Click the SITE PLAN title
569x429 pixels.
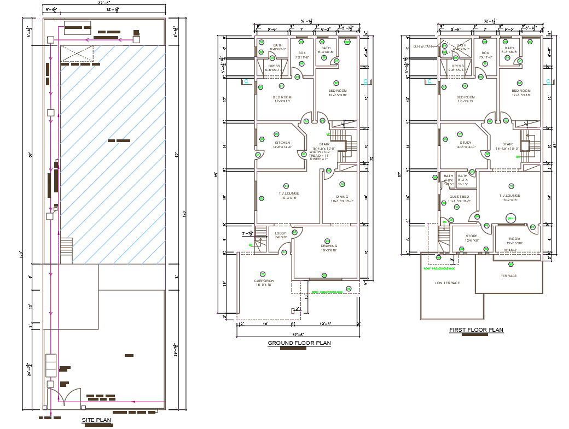pyautogui.click(x=97, y=420)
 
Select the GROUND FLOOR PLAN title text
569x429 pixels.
pyautogui.click(x=299, y=343)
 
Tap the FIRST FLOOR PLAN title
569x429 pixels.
pyautogui.click(x=475, y=330)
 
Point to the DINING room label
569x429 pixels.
pyautogui.click(x=342, y=197)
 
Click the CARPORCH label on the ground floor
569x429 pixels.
pyautogui.click(x=264, y=281)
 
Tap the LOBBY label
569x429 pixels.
pyautogui.click(x=280, y=234)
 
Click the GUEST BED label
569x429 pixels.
pyautogui.click(x=459, y=197)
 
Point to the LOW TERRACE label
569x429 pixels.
pyautogui.click(x=447, y=283)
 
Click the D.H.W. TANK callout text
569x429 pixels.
pyautogui.click(x=423, y=46)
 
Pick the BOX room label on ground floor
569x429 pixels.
pyautogui.click(x=302, y=53)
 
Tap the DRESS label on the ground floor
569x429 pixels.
pyautogui.click(x=274, y=66)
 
